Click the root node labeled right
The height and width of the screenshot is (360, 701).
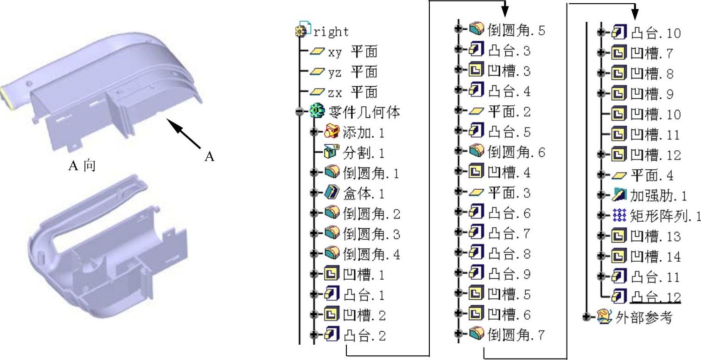tap(331, 32)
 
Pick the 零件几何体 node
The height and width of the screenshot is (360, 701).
tap(364, 112)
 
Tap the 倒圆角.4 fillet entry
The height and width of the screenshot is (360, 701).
tap(371, 254)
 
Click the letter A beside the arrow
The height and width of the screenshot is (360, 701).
tap(210, 157)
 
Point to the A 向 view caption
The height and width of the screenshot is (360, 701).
tap(82, 166)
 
